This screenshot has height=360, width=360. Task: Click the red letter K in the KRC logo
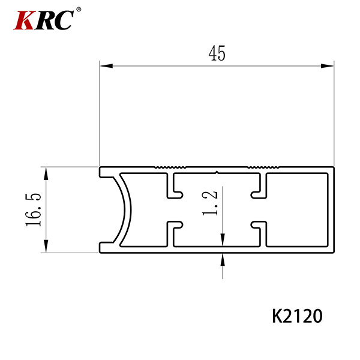[23, 20]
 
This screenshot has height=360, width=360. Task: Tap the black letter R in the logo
[44, 20]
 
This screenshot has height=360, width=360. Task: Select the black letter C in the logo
[64, 20]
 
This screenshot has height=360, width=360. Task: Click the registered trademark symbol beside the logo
[79, 10]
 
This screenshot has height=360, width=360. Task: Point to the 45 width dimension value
[217, 53]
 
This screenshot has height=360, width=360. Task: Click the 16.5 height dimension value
[34, 210]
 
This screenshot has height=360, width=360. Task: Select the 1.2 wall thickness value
[210, 203]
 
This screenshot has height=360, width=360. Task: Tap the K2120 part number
[297, 316]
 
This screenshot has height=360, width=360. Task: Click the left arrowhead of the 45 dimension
[106, 66]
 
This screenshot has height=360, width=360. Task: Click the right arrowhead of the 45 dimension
[327, 66]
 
